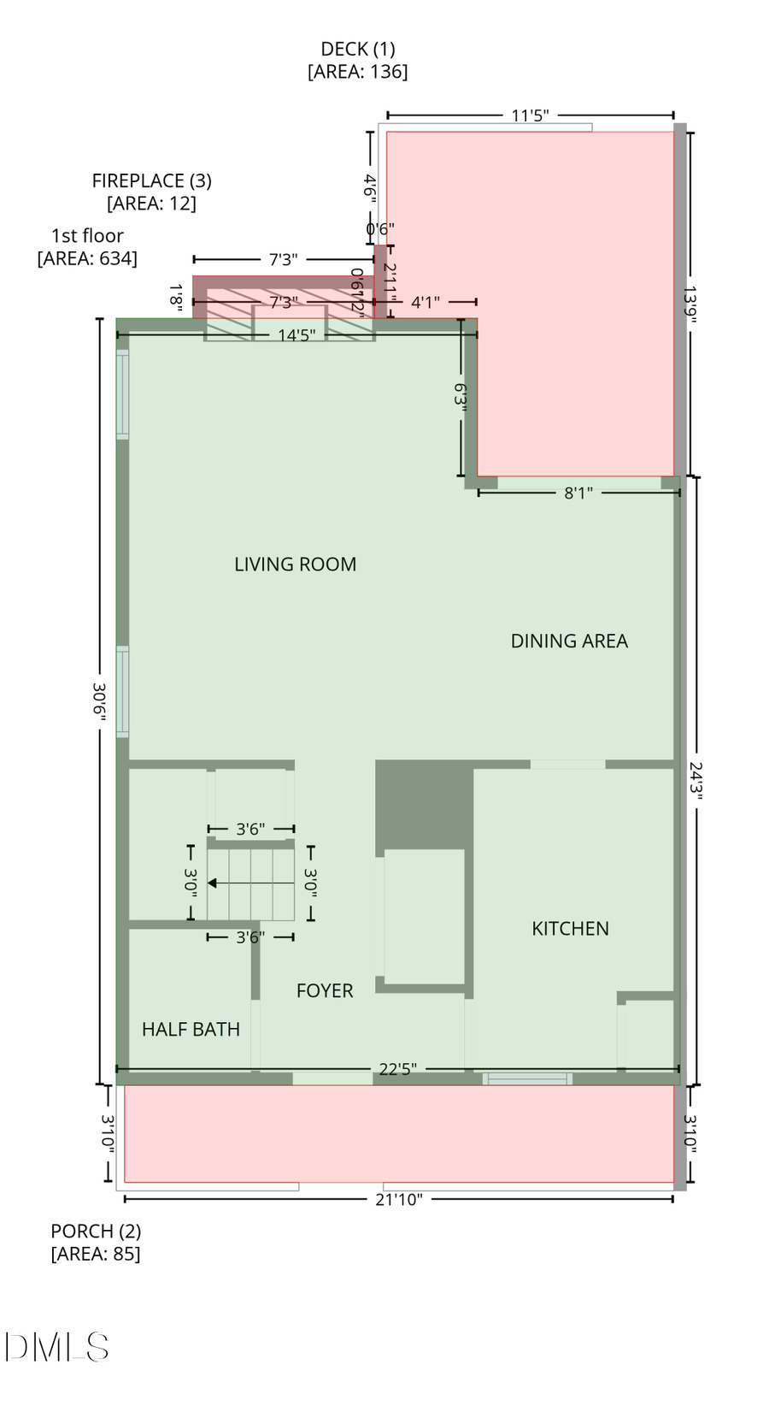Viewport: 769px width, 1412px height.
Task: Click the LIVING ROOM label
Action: pyautogui.click(x=295, y=564)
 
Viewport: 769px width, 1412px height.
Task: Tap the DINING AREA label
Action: pyautogui.click(x=569, y=641)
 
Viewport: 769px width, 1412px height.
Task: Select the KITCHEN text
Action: pyautogui.click(x=570, y=929)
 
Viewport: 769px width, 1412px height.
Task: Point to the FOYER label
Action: pyautogui.click(x=325, y=991)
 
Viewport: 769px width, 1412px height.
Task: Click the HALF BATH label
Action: pyautogui.click(x=191, y=1030)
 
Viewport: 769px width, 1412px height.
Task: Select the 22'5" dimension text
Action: pyautogui.click(x=397, y=1070)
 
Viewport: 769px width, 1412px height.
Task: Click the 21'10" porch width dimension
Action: pyautogui.click(x=399, y=1200)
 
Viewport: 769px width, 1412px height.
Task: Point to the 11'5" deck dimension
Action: pyautogui.click(x=530, y=115)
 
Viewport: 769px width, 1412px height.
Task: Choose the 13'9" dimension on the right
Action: pyautogui.click(x=690, y=304)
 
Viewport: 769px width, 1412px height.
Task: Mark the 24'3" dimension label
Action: pyautogui.click(x=696, y=781)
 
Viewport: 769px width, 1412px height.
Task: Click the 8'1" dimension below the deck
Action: pyautogui.click(x=578, y=493)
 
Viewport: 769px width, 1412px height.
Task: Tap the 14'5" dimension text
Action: pyautogui.click(x=296, y=335)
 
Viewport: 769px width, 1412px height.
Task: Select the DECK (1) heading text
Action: pyautogui.click(x=358, y=50)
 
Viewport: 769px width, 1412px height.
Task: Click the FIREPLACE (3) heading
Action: pyautogui.click(x=152, y=181)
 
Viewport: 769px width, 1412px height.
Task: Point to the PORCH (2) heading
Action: pyautogui.click(x=96, y=1232)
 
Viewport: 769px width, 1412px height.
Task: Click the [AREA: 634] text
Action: pyautogui.click(x=87, y=258)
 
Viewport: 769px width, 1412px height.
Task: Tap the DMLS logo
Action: pyautogui.click(x=56, y=1347)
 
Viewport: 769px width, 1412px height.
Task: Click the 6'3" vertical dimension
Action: pyautogui.click(x=461, y=398)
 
